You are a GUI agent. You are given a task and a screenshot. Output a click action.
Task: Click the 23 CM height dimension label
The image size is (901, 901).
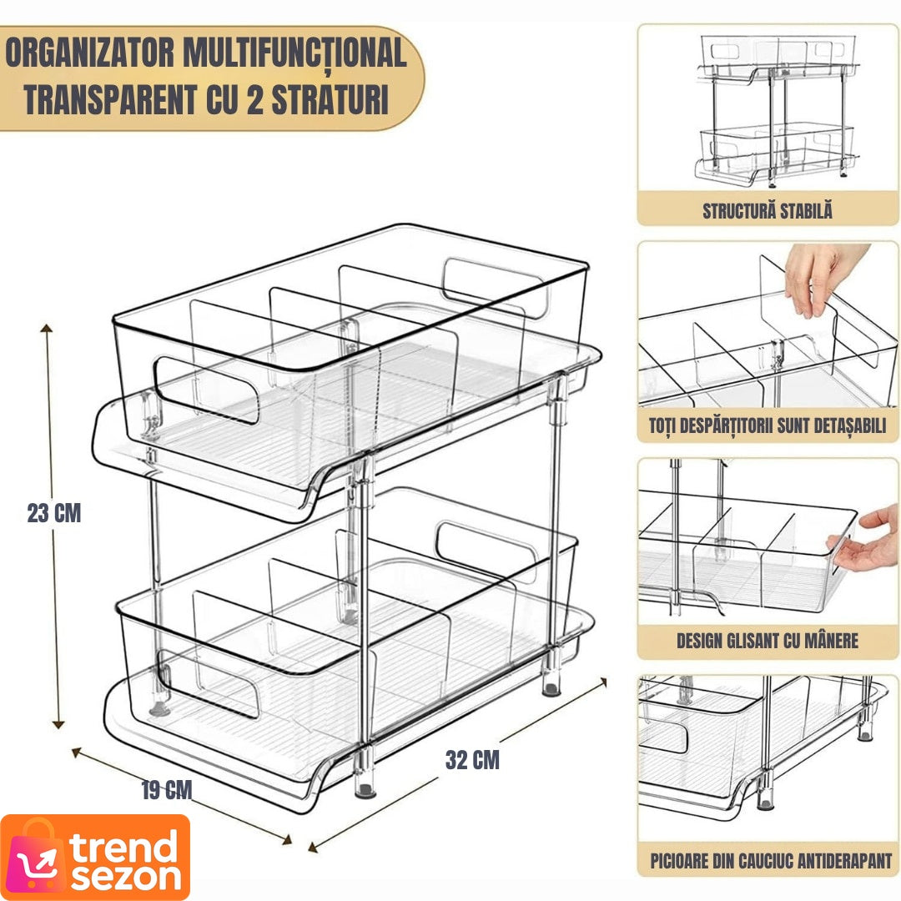54,512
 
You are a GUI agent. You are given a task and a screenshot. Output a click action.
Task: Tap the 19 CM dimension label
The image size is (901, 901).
167,789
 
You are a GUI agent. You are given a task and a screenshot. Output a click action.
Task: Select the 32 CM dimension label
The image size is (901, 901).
472,760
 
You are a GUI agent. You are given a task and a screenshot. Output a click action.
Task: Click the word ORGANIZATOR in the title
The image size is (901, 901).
89,53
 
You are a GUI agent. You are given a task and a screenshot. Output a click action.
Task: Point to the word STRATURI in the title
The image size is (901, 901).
330,99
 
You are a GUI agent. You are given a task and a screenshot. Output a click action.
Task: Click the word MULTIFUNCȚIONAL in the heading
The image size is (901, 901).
294,54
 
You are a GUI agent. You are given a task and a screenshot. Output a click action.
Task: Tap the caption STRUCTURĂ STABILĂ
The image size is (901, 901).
768,210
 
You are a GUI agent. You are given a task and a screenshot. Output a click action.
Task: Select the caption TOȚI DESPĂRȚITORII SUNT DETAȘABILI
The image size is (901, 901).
768,425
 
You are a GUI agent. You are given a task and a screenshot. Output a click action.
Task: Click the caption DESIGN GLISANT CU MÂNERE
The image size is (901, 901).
768,640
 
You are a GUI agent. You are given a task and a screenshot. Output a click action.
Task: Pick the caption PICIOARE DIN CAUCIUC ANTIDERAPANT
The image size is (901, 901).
770,860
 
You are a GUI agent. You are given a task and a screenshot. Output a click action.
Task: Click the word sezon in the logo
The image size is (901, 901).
127,878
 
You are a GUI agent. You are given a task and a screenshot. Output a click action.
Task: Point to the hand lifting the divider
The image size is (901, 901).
821,277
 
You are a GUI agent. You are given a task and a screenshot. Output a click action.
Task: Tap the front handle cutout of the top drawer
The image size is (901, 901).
205,390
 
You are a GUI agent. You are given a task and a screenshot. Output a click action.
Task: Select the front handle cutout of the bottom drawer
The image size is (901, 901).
208,684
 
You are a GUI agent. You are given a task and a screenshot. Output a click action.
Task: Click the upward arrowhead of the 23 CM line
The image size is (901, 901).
47,330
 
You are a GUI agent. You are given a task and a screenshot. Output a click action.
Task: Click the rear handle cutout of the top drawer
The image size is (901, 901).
496,288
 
